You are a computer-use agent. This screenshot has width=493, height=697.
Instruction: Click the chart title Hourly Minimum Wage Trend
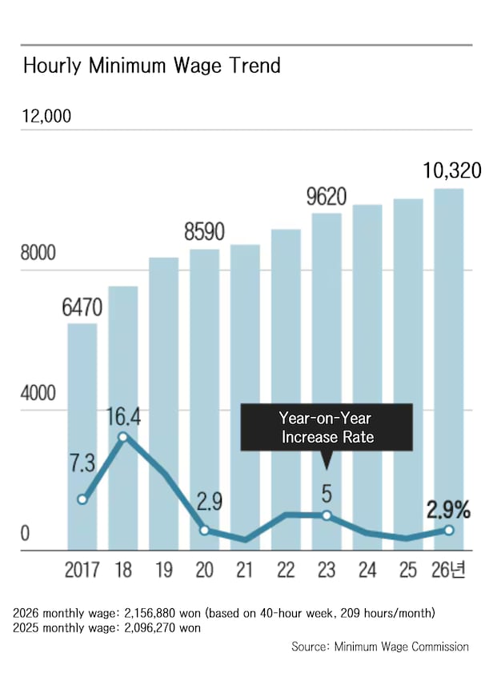152,66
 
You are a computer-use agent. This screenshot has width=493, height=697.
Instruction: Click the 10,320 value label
452,170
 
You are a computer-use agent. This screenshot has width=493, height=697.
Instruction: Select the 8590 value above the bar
204,232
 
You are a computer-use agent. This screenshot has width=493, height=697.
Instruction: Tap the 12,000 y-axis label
47,116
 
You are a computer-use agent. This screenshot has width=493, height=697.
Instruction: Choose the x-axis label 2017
82,571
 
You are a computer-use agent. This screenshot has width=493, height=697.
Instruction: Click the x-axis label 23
327,571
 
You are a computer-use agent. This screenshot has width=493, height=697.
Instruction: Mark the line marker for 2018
122,437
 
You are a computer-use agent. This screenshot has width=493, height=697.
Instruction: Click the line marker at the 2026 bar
449,530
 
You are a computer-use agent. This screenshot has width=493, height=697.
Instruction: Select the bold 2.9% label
449,509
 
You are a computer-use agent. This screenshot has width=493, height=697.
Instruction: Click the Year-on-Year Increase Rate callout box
327,427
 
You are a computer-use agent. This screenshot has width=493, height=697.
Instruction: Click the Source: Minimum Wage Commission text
380,647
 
